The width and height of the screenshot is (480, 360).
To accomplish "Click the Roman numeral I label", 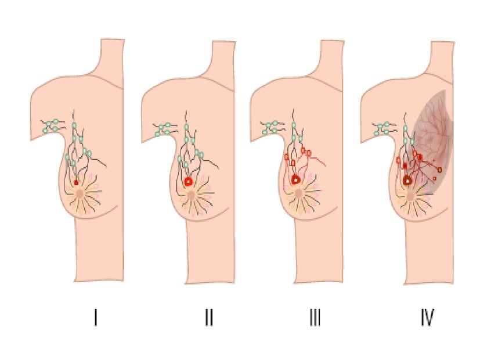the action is [96, 318].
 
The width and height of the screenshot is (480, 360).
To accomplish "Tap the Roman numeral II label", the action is [209, 318].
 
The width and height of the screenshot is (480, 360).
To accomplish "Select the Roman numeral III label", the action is [315, 318].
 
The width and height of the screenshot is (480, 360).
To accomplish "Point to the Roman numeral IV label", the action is [427, 318].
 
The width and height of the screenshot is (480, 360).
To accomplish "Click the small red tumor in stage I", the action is [76, 183].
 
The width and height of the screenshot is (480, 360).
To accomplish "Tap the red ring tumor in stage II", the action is [189, 182].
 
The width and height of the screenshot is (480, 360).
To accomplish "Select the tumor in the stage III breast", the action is [295, 179].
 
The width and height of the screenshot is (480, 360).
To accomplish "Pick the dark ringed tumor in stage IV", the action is [408, 181].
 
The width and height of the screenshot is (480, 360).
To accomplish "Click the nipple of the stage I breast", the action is [80, 194].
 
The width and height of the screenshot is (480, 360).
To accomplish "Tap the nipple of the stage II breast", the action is [192, 195].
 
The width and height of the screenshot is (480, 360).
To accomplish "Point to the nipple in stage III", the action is [299, 193].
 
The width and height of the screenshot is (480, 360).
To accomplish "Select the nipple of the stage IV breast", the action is [410, 196].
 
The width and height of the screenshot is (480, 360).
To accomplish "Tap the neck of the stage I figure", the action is [113, 60].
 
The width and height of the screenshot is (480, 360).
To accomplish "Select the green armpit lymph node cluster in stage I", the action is [52, 126].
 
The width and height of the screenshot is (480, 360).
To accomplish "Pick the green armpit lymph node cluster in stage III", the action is [271, 127].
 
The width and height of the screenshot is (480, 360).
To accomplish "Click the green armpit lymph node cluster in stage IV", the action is [383, 128].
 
